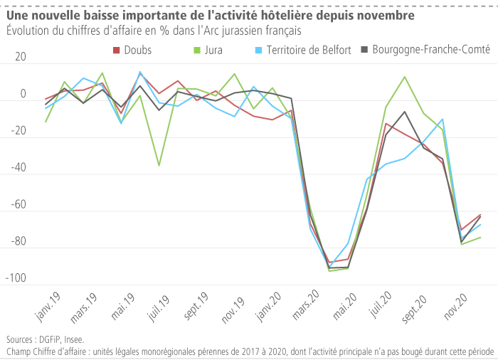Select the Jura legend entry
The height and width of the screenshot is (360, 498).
(x=211, y=50)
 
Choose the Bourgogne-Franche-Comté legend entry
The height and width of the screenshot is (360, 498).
(x=430, y=50)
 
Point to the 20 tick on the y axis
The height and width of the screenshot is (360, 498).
(x=19, y=58)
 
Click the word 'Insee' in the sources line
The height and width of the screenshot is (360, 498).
(x=74, y=340)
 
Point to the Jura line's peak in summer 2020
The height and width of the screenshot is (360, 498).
(x=404, y=77)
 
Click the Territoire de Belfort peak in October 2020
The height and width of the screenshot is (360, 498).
(x=443, y=119)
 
